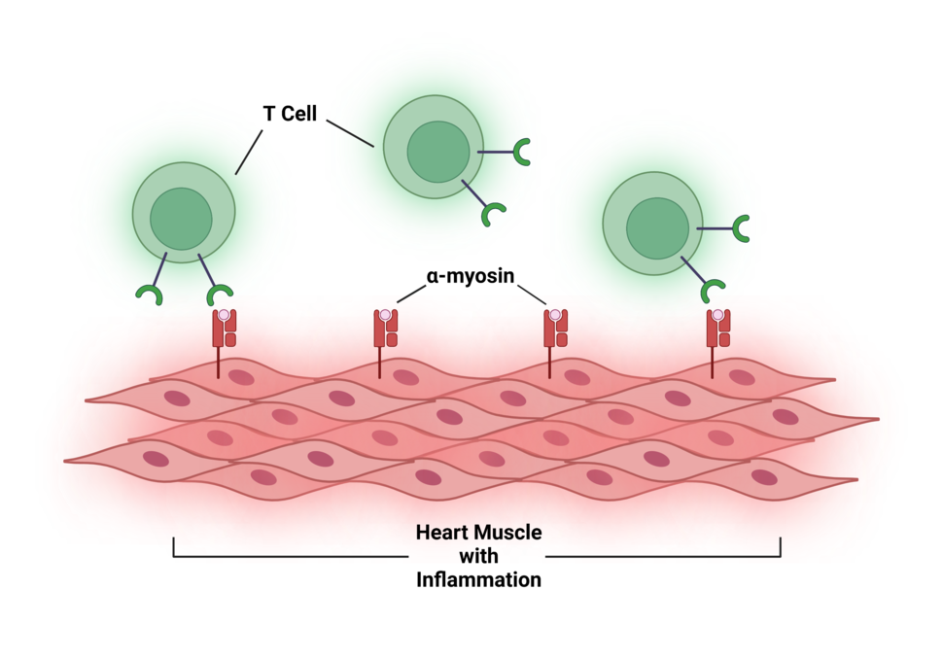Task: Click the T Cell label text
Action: click(x=290, y=115)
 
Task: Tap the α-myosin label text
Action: click(x=470, y=276)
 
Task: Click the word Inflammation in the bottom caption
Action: click(x=478, y=580)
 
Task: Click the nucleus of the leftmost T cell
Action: click(x=181, y=219)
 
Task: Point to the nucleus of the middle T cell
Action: click(x=437, y=152)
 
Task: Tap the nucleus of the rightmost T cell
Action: click(x=657, y=228)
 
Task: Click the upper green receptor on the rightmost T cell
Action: click(x=742, y=229)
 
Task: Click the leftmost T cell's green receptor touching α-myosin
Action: click(x=220, y=295)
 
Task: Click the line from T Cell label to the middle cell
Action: click(x=350, y=133)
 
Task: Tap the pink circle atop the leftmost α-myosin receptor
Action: click(x=225, y=315)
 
